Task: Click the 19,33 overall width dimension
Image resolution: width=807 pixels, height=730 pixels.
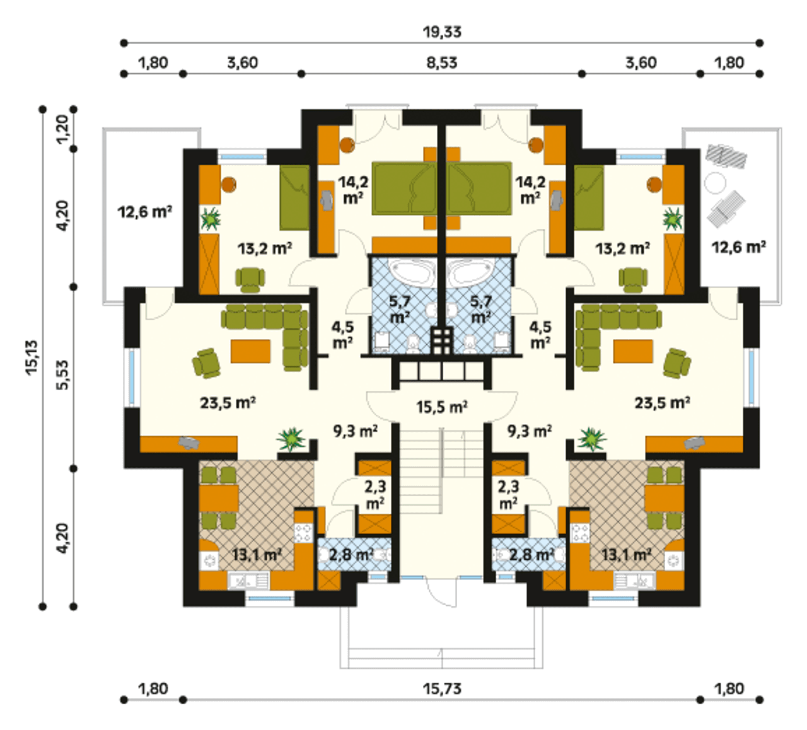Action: click(x=442, y=32)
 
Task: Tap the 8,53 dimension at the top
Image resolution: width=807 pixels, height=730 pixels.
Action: click(x=442, y=63)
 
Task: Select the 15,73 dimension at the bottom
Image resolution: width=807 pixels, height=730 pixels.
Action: click(x=442, y=690)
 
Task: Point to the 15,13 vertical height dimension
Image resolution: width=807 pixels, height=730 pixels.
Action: click(x=32, y=358)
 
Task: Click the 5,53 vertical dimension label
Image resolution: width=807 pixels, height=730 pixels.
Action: click(x=63, y=374)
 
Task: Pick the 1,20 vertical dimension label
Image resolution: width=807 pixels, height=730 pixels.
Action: click(x=63, y=129)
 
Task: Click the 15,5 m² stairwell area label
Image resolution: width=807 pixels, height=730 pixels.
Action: click(x=442, y=407)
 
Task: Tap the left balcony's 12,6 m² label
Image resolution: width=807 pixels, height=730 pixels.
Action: click(x=145, y=212)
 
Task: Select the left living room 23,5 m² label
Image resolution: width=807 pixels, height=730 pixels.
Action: click(x=228, y=402)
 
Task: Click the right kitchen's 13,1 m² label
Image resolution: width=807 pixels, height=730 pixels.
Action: click(x=626, y=555)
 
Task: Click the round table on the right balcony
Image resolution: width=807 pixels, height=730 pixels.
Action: click(x=715, y=183)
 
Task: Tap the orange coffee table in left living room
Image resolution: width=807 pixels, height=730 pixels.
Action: click(x=250, y=351)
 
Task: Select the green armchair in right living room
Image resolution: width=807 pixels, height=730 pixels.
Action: click(x=676, y=363)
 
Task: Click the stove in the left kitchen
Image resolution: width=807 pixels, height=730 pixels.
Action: click(x=303, y=533)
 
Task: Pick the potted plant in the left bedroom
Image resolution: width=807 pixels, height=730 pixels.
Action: click(x=211, y=219)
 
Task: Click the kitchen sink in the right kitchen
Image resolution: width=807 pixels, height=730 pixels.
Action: click(x=634, y=581)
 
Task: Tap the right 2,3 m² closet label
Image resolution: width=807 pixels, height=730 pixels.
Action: click(x=509, y=495)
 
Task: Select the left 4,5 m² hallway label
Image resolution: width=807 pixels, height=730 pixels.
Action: click(x=343, y=335)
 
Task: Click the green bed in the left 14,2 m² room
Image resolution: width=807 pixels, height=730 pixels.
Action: click(x=403, y=188)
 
